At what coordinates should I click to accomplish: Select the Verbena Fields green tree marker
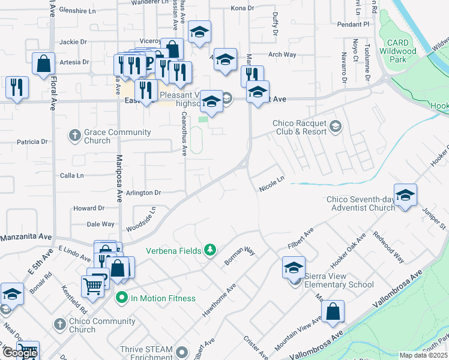pyautogui.click(x=210, y=249)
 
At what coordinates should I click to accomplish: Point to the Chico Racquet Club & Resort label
pyautogui.click(x=300, y=127)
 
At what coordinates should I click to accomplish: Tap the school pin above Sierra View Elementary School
pyautogui.click(x=294, y=268)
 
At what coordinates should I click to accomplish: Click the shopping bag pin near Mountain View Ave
pyautogui.click(x=333, y=312)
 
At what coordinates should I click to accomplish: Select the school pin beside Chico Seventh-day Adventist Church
pyautogui.click(x=406, y=196)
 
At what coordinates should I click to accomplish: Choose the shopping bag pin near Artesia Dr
pyautogui.click(x=44, y=64)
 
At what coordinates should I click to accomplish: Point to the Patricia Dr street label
pyautogui.click(x=32, y=142)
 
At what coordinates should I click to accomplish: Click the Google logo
pyautogui.click(x=20, y=353)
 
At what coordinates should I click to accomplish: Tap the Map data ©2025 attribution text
pyautogui.click(x=423, y=355)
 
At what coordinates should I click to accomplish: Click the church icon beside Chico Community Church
pyautogui.click(x=59, y=325)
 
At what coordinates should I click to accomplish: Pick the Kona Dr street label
pyautogui.click(x=243, y=8)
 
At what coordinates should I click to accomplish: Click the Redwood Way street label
pyautogui.click(x=389, y=247)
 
